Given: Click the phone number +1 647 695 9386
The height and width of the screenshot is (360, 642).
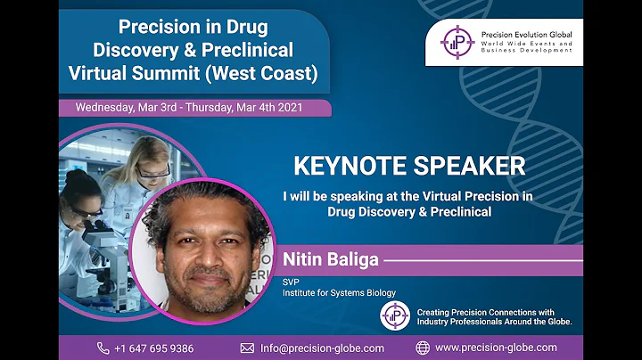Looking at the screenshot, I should click(x=154, y=348).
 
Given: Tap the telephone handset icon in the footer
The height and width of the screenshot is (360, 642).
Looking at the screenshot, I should click(x=103, y=348).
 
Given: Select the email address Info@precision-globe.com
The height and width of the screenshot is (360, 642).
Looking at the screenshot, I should click(x=322, y=348).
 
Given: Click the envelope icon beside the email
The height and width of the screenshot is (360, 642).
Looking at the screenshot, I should click(x=248, y=348).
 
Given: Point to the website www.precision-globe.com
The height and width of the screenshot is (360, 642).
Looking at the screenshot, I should click(x=496, y=348).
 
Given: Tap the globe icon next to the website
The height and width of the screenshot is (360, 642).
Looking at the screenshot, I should click(x=423, y=348).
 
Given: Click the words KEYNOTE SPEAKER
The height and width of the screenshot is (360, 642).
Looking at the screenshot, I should click(x=409, y=166).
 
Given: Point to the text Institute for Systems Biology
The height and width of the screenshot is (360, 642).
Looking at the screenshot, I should click(x=339, y=292).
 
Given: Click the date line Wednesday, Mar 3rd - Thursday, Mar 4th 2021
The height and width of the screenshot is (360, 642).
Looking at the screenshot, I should click(x=189, y=107).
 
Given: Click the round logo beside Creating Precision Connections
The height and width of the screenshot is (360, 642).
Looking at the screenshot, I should click(x=394, y=315).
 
